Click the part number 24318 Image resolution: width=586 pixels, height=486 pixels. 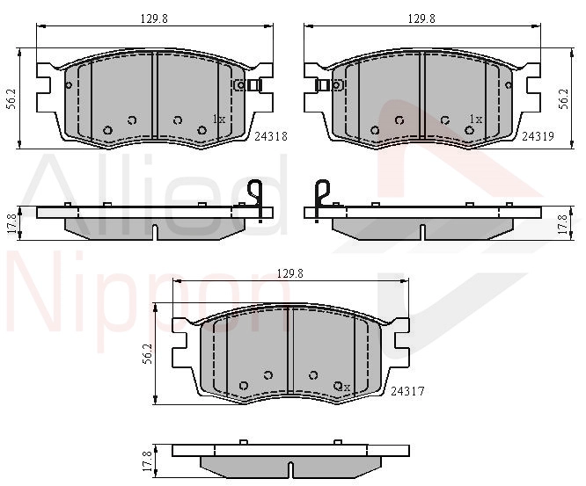click(271, 136)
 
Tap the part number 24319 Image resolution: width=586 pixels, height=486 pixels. click(538, 136)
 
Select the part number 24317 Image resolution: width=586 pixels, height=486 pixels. click(407, 392)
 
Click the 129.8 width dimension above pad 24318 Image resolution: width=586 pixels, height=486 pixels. click(154, 18)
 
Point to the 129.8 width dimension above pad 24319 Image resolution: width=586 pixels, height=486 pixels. click(421, 18)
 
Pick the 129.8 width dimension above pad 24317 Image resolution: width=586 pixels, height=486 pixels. click(290, 273)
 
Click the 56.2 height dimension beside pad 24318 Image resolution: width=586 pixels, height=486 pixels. click(11, 99)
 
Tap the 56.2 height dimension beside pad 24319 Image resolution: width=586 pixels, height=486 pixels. click(564, 99)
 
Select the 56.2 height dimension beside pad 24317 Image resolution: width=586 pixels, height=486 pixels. click(148, 354)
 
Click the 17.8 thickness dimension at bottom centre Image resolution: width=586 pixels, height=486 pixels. click(148, 461)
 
